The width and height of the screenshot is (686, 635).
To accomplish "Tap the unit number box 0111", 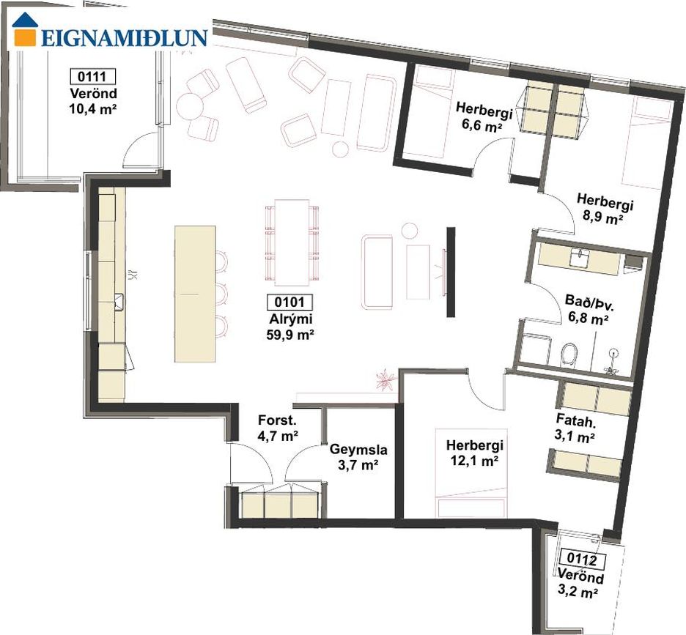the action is click(93, 76).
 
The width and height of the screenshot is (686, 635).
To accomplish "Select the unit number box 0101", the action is click(290, 302).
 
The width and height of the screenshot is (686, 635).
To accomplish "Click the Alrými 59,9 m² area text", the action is click(290, 327).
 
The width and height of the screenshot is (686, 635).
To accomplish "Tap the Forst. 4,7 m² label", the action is click(279, 428).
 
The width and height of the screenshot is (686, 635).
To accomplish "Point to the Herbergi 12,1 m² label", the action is click(475, 453).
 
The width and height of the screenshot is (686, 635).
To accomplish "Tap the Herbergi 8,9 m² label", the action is click(604, 209).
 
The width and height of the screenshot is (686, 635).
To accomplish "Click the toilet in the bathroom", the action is click(569, 354).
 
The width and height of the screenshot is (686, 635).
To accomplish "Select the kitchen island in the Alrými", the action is click(195, 294).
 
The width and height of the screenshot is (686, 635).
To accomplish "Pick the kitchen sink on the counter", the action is click(119, 302).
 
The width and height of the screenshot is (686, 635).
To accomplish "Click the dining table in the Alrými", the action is click(292, 242).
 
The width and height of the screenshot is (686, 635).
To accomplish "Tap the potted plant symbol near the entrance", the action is click(385, 379).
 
